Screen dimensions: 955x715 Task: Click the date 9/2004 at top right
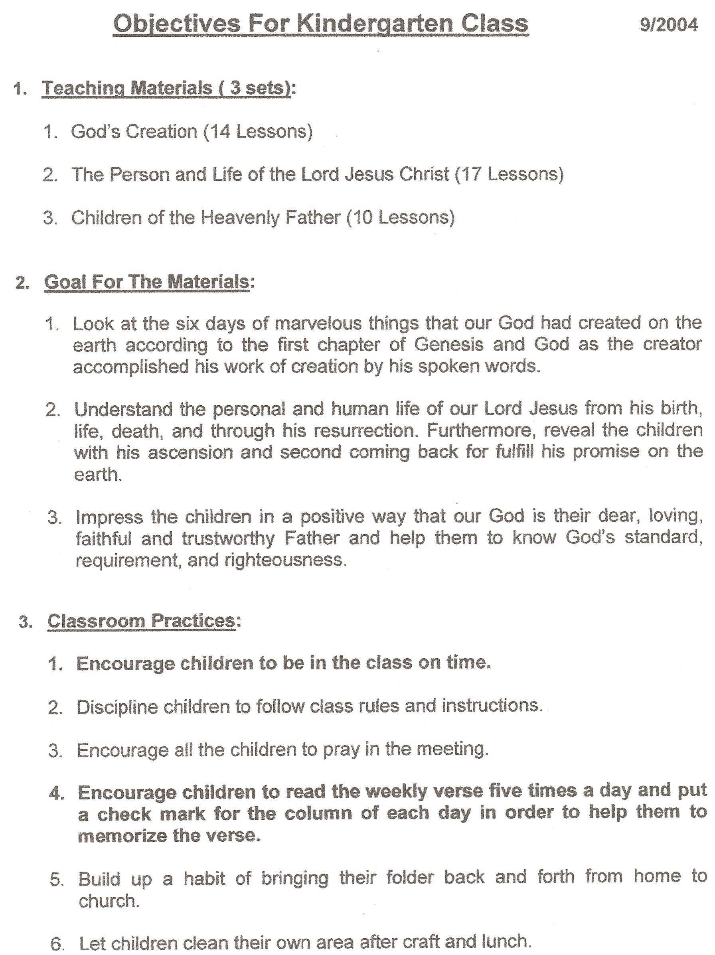point(668,25)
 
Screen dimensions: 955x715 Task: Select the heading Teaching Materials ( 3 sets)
point(166,88)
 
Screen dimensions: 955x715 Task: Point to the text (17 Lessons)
point(510,174)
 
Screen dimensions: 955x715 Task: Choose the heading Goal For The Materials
point(147,282)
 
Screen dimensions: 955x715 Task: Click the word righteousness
point(284,560)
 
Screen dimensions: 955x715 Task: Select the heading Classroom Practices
point(141,621)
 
